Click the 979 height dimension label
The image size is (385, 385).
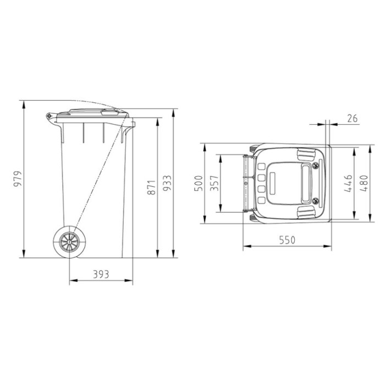(18, 179)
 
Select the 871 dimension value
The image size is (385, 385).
(151, 188)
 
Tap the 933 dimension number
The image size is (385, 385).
(167, 183)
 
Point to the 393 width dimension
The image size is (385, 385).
(101, 274)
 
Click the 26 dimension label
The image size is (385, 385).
(353, 119)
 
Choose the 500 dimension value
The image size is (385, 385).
(199, 183)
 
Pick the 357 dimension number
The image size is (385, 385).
(214, 183)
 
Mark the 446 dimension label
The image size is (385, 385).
(348, 183)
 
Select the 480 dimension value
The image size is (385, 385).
(364, 183)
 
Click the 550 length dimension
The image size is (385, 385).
(287, 240)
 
